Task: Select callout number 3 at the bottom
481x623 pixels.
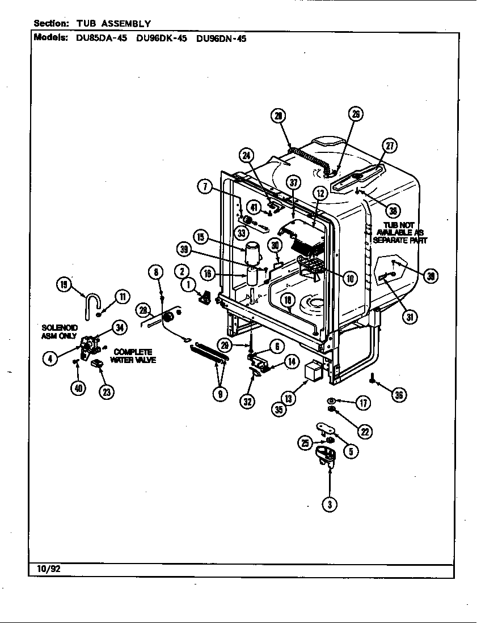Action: click(x=329, y=504)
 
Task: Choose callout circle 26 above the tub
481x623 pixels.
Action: click(x=355, y=114)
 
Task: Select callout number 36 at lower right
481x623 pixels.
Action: click(x=399, y=395)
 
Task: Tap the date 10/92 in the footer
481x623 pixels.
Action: click(x=43, y=568)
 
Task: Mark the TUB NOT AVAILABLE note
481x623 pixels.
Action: click(x=400, y=232)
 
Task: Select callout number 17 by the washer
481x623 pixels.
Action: click(x=362, y=403)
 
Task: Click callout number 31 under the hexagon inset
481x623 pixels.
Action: click(x=409, y=317)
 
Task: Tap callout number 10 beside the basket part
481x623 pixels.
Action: click(x=350, y=278)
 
